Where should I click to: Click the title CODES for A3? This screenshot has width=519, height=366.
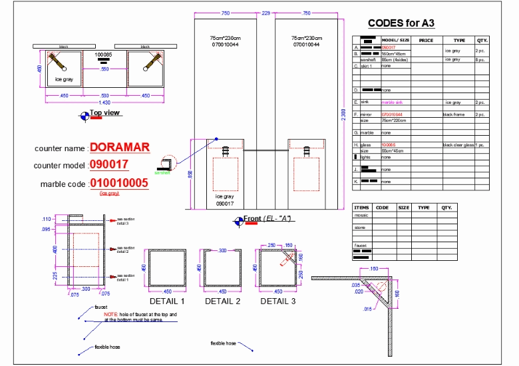[x=401, y=23]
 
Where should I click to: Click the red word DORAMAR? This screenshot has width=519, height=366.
[x=120, y=147]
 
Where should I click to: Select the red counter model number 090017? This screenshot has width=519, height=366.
[x=110, y=165]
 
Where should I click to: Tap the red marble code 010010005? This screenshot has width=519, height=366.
[x=120, y=184]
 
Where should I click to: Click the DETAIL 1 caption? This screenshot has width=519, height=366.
[x=167, y=301]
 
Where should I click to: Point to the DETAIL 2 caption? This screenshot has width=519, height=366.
[x=223, y=301]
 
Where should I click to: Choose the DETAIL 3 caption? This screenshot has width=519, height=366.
[x=278, y=301]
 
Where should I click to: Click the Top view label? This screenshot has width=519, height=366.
[x=105, y=113]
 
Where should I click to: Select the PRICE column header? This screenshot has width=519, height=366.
[x=426, y=40]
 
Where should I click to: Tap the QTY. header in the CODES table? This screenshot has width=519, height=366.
[x=482, y=40]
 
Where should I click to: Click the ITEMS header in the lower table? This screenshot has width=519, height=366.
[x=362, y=208]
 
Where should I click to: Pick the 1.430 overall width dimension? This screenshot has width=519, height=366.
[x=104, y=102]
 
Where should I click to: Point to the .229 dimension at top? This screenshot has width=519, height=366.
[x=266, y=13]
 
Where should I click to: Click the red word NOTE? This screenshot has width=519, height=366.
[x=110, y=313]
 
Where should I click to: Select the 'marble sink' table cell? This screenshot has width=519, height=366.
[x=392, y=102]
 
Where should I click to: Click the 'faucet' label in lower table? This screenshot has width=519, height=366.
[x=361, y=245]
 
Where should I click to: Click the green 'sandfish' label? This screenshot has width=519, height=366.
[x=162, y=173]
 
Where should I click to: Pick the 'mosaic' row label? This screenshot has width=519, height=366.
[x=361, y=215]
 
